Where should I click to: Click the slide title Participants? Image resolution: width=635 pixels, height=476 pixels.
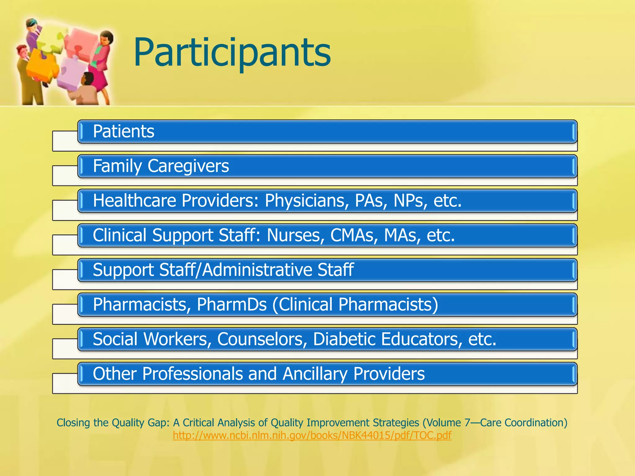tap(232, 53)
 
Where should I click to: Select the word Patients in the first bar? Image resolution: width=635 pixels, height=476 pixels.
tap(123, 131)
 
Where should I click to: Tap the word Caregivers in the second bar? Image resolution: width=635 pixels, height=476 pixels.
tap(188, 166)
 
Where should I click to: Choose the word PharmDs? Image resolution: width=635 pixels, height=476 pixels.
tap(232, 305)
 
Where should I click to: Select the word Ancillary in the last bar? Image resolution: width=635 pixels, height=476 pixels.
tap(315, 374)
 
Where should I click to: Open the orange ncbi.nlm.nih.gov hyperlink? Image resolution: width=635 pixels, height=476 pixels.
tap(312, 435)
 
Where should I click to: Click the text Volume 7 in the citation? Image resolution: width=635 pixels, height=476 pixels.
tap(448, 423)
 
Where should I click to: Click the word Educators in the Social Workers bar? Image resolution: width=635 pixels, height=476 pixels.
tap(420, 339)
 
